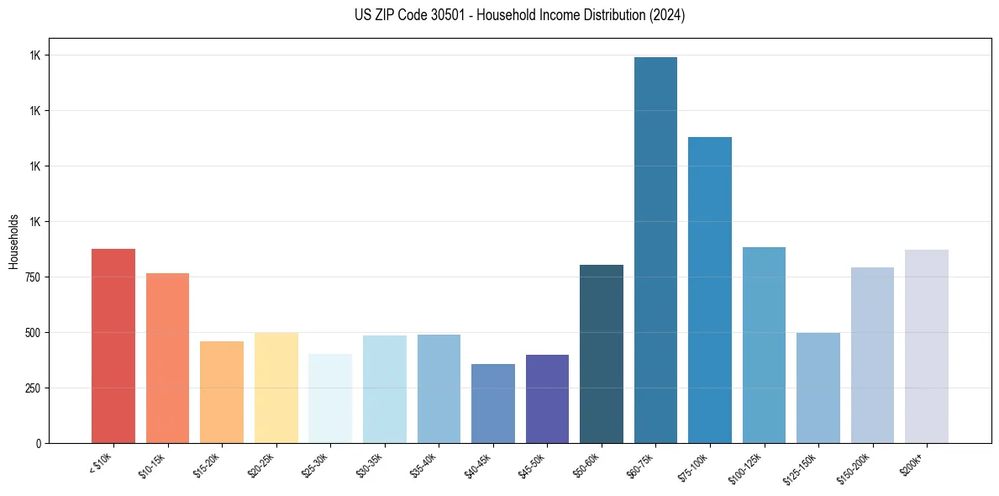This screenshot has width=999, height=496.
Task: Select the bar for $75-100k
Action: pos(710,290)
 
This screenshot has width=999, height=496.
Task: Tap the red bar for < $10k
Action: pos(113,346)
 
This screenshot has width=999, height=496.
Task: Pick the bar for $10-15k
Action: pos(167,358)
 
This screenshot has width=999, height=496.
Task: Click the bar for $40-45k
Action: pos(493,404)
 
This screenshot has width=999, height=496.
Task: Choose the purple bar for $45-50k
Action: pos(547,398)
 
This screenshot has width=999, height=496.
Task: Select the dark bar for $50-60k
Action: pos(602,354)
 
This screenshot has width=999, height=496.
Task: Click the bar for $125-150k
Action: pos(818,388)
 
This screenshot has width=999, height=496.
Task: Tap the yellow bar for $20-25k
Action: pos(276,388)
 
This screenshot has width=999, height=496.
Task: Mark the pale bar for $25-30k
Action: pos(330,398)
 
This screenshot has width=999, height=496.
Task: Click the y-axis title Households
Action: pos(13,241)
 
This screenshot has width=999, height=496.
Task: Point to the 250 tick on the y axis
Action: pos(35,388)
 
